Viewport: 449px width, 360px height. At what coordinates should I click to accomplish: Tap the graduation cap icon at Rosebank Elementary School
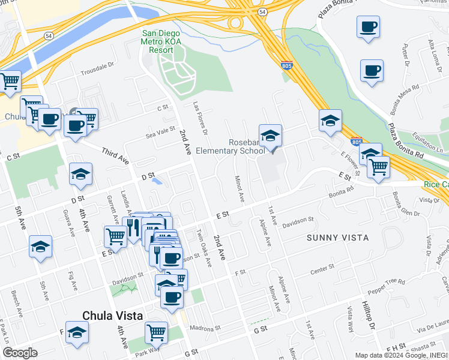point(270,136)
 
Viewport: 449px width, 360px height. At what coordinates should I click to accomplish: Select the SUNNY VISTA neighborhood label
point(337,238)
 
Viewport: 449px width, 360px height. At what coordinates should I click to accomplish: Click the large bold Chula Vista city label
point(112,316)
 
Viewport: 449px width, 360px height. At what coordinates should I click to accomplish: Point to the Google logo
point(19,353)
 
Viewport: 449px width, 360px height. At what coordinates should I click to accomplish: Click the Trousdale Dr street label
point(97,67)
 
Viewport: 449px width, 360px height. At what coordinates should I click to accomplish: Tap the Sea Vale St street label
point(160,133)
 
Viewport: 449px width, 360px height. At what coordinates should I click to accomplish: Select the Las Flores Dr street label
point(200,116)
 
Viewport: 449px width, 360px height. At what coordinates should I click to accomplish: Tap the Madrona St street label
point(205,329)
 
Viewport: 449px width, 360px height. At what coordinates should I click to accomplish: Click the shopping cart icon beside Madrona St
point(156,331)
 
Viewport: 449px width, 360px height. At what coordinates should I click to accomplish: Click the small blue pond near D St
point(157,180)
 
